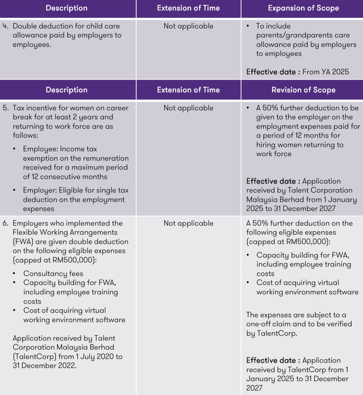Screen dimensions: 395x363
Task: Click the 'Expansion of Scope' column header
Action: pos(303,8)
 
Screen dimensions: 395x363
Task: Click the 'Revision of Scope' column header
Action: pos(303,90)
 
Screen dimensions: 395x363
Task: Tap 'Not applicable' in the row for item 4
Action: pos(188,26)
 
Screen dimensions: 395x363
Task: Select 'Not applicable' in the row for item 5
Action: pos(188,108)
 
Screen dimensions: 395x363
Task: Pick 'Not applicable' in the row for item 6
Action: pos(188,223)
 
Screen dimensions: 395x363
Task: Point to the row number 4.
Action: pos(5,26)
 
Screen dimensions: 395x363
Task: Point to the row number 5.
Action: pos(5,108)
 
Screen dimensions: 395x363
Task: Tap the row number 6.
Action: pos(5,223)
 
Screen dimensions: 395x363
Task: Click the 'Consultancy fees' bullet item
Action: pos(53,274)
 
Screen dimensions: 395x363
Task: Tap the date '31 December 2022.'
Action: pos(44,365)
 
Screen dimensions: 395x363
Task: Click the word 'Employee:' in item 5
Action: pos(40,149)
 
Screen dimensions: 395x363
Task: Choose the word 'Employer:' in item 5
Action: pos(39,191)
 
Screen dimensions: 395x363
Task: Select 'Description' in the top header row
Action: pos(67,8)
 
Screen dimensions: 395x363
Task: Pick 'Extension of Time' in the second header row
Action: pos(188,90)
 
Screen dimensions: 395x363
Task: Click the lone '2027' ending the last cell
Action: pos(255,388)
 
